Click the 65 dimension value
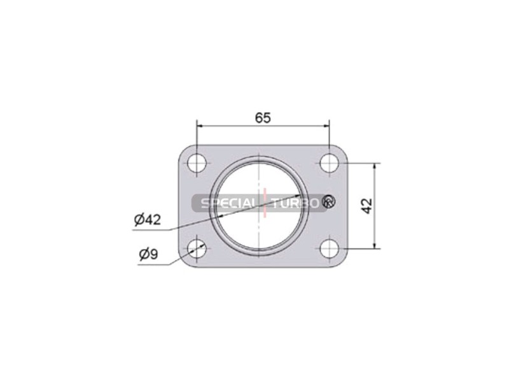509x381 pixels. (x=263, y=118)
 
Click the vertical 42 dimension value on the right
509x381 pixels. (x=367, y=206)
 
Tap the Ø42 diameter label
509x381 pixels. (x=148, y=220)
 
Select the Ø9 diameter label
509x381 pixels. (x=149, y=254)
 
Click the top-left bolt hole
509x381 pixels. (x=197, y=163)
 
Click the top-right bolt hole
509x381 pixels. (x=329, y=163)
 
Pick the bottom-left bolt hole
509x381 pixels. (x=197, y=248)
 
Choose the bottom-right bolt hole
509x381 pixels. (x=329, y=248)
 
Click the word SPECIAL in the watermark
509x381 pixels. (x=227, y=203)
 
